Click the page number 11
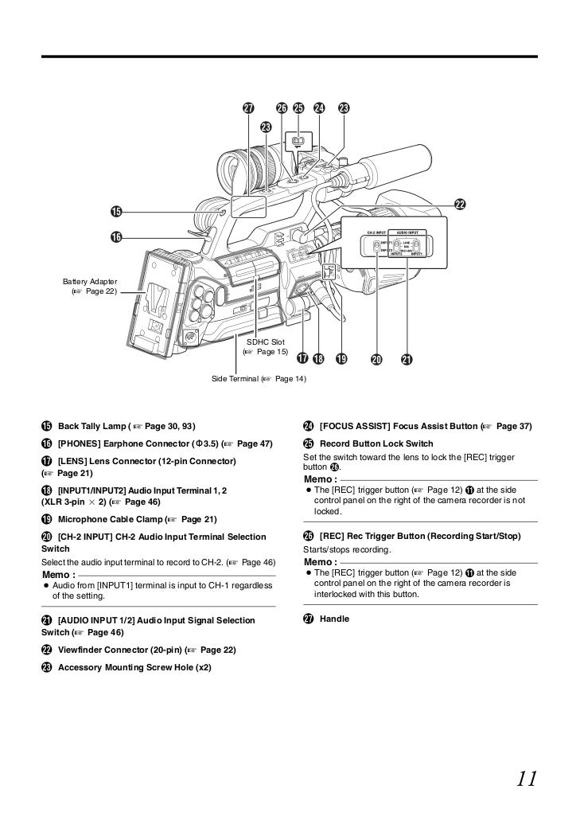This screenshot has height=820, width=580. click(527, 777)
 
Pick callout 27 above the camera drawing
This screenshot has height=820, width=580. click(248, 108)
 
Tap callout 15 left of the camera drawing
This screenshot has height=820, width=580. click(116, 211)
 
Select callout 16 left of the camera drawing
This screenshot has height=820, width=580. click(116, 237)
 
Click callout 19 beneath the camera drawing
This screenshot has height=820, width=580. click(341, 359)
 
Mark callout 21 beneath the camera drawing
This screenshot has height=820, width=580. click(407, 359)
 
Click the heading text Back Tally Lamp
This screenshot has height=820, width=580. click(91, 427)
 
